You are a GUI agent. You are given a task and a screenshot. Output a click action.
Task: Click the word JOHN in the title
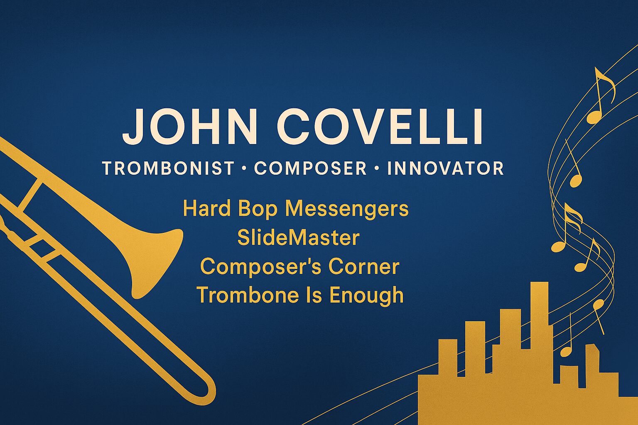(190, 126)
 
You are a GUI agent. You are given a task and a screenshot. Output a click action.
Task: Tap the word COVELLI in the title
(380, 126)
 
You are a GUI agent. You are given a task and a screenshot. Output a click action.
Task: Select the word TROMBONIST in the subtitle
(168, 168)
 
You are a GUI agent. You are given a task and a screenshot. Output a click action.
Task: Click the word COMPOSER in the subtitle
(310, 168)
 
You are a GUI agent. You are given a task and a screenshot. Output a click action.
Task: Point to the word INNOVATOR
(445, 168)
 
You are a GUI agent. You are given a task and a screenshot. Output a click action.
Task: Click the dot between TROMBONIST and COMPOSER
(244, 168)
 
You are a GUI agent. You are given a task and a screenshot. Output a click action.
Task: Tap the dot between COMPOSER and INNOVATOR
(377, 168)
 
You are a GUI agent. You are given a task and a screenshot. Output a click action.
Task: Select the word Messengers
(347, 209)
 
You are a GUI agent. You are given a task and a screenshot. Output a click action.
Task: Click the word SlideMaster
(298, 238)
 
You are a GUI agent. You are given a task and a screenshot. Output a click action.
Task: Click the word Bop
(258, 209)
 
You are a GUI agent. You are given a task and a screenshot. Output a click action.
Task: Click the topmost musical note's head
(594, 117)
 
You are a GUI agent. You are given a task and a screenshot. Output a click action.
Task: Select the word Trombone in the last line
(248, 295)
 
